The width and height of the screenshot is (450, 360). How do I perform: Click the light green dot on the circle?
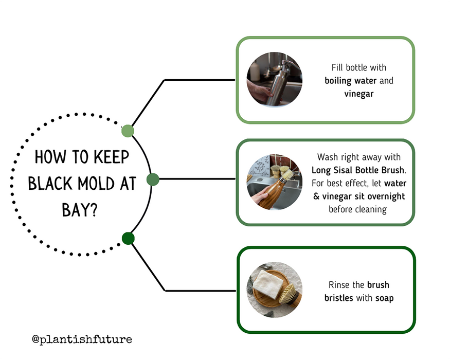coord(128,131)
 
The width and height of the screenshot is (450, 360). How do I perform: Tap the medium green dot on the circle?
coord(153,179)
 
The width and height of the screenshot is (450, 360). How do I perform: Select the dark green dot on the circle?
coord(128,238)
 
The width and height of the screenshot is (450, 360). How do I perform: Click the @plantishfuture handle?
coord(82,339)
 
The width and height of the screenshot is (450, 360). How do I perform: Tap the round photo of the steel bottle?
coord(275,79)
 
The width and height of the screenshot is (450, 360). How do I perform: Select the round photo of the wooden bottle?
coord(274,182)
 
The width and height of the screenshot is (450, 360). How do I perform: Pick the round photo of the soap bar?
coord(275,290)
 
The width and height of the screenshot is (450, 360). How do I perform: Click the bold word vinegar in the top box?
coord(359,94)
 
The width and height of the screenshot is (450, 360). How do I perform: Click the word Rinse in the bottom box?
coord(340,285)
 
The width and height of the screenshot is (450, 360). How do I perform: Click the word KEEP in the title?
coord(111,157)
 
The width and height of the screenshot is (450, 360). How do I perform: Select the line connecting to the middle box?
coord(195,179)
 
